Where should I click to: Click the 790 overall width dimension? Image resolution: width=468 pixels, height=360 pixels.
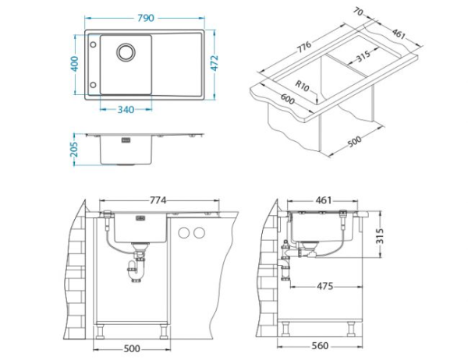tap(146, 18)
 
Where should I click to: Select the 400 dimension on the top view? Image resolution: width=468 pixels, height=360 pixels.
tap(75, 64)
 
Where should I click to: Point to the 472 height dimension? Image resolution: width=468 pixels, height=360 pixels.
tap(214, 63)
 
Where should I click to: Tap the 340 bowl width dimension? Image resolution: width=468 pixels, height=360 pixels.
tap(126, 110)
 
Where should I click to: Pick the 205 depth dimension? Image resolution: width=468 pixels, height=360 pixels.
tap(74, 150)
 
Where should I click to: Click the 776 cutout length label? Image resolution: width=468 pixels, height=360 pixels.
tap(304, 47)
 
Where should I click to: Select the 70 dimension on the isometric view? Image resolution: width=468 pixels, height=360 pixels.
tap(359, 12)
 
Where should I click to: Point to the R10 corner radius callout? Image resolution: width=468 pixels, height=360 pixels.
tap(302, 86)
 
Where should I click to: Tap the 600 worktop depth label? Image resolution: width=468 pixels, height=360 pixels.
tap(288, 99)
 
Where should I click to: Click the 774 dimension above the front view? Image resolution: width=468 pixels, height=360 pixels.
tap(158, 200)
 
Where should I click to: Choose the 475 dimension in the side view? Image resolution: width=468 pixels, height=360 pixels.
tap(324, 286)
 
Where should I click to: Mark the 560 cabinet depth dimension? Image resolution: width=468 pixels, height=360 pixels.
tap(320, 346)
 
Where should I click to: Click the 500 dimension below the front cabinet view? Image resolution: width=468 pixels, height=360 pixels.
tap(132, 348)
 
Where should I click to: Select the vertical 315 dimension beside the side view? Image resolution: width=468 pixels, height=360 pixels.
tap(379, 236)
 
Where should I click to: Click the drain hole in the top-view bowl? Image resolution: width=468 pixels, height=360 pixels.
tap(126, 52)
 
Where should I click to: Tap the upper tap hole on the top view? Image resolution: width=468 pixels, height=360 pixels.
tap(93, 44)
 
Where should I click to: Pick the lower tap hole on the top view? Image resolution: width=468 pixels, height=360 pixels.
tap(93, 85)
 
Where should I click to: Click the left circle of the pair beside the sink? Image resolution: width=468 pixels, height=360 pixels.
tap(184, 233)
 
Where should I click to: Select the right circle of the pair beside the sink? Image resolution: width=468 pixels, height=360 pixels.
tap(199, 233)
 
